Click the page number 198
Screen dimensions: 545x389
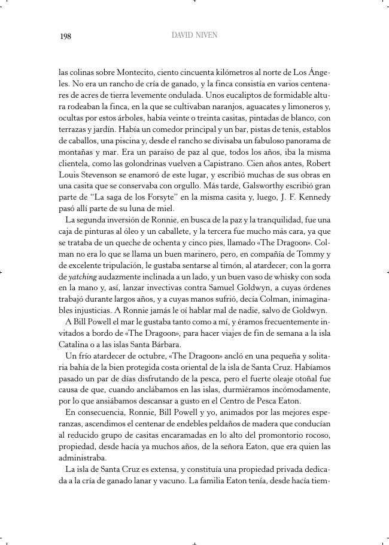pyautogui.click(x=65, y=37)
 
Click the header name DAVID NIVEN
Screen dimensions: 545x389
pyautogui.click(x=194, y=35)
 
